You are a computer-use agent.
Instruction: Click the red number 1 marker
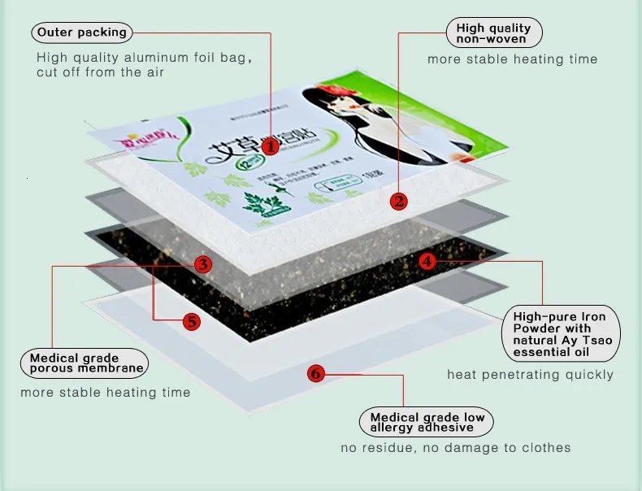[270, 147]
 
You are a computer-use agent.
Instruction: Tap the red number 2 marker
[398, 201]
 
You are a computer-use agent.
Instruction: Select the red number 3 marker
[204, 263]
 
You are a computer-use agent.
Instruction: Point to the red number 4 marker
[428, 261]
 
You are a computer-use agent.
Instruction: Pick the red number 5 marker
[191, 321]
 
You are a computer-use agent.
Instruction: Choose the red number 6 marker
[316, 374]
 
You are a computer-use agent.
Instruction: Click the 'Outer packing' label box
[82, 33]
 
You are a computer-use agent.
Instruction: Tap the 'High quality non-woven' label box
[494, 33]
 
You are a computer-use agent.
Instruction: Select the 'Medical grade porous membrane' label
[86, 363]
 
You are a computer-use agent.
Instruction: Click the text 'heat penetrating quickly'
[530, 375]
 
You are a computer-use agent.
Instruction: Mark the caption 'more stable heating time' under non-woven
[513, 59]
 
